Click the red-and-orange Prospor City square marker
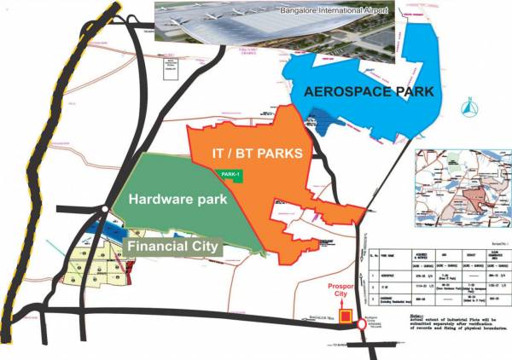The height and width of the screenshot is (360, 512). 345,317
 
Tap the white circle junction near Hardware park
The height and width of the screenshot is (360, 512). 102,207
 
